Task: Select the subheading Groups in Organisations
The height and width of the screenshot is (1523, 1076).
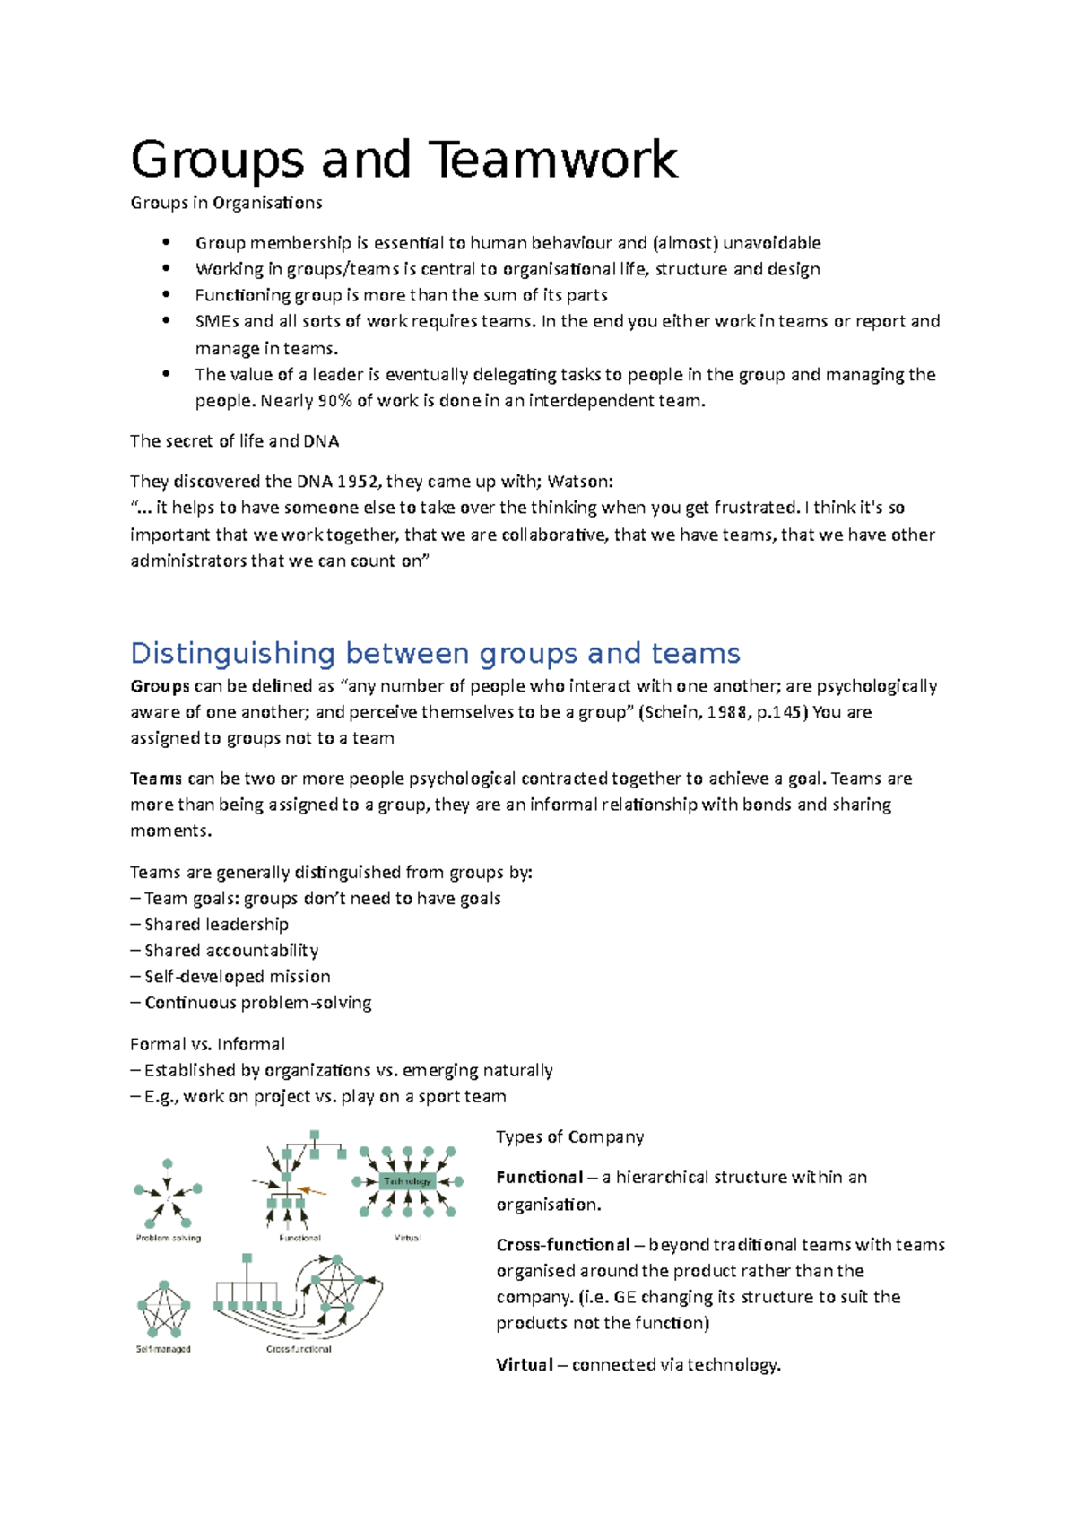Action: coord(226,203)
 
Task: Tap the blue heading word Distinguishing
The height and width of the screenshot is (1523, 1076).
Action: coord(232,653)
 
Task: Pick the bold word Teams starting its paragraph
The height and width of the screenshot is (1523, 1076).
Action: coord(156,779)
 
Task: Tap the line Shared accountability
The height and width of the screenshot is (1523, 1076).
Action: coord(230,951)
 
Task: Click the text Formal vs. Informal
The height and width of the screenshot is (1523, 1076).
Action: coord(207,1044)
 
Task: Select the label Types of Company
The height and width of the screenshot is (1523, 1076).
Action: coord(569,1137)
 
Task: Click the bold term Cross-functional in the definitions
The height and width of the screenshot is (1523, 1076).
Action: coord(563,1245)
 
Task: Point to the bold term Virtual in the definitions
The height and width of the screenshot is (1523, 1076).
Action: coord(525,1365)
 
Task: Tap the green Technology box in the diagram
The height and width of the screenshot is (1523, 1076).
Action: coord(408,1181)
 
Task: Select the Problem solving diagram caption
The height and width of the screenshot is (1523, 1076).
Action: coord(169,1239)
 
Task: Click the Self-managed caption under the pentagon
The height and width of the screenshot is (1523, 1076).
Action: coord(163,1349)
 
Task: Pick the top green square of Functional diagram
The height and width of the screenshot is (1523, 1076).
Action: coord(315,1136)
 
